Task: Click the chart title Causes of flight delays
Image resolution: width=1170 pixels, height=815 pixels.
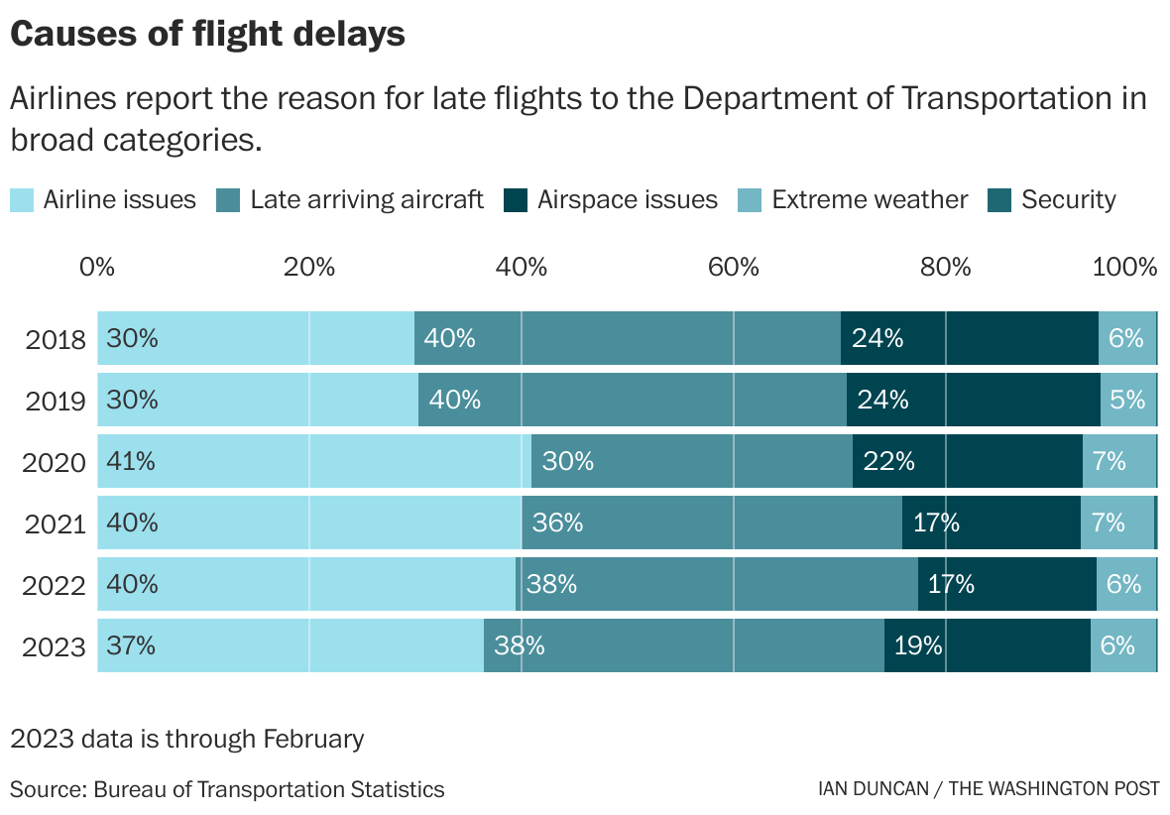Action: point(207,34)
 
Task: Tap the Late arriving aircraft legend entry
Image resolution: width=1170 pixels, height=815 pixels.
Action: point(350,199)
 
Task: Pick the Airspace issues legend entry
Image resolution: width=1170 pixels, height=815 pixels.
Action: point(610,199)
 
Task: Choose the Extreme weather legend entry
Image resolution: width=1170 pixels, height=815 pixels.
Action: point(853,199)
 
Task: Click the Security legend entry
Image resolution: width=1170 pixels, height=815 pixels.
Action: point(1052,199)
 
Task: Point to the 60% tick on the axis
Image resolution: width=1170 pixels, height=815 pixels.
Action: point(734,267)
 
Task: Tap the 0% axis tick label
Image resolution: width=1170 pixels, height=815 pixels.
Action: point(96,267)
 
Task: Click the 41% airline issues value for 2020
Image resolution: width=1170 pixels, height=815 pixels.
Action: point(132,461)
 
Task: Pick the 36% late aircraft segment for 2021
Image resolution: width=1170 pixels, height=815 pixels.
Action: point(711,523)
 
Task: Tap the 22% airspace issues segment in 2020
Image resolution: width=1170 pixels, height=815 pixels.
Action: point(967,461)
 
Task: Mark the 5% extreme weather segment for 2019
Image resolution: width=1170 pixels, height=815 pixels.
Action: point(1127,400)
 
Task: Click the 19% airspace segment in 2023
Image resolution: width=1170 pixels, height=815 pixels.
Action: point(987,645)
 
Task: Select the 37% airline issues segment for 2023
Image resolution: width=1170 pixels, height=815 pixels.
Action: point(290,645)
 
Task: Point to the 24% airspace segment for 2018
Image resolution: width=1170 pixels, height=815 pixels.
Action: point(969,338)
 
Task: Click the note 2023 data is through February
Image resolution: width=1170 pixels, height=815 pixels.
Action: point(187,739)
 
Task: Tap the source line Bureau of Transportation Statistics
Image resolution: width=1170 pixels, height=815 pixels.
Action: point(227,789)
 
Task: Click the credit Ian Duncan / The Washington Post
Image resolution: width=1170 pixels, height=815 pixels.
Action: point(988,789)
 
